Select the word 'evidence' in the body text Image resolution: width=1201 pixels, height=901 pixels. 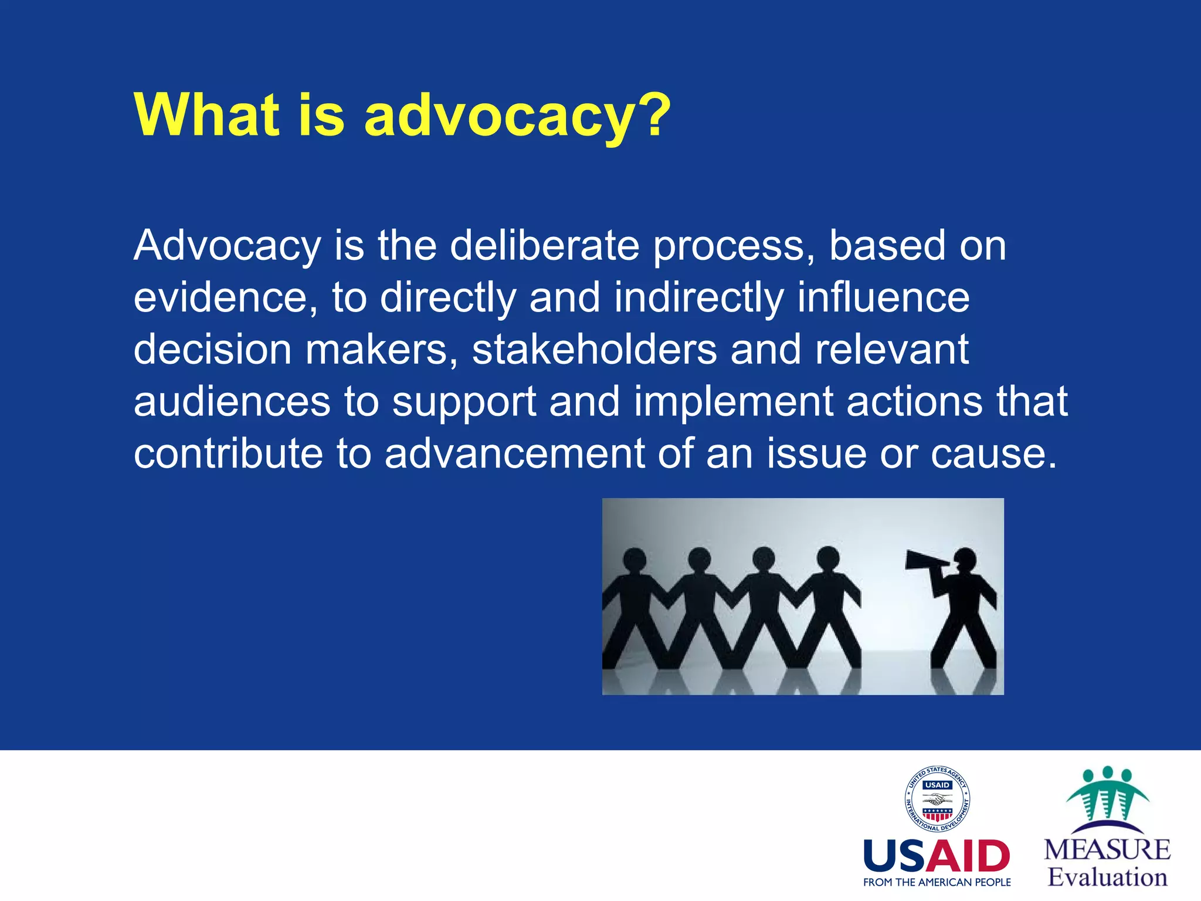220,297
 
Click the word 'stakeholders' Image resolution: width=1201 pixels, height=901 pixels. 595,349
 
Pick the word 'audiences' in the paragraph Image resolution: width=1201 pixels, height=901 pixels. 232,402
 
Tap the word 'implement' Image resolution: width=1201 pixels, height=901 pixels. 734,402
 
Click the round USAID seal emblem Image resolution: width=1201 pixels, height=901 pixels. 937,799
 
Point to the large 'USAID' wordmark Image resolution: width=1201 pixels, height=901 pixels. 937,856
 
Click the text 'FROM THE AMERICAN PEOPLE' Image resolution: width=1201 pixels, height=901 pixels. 937,882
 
